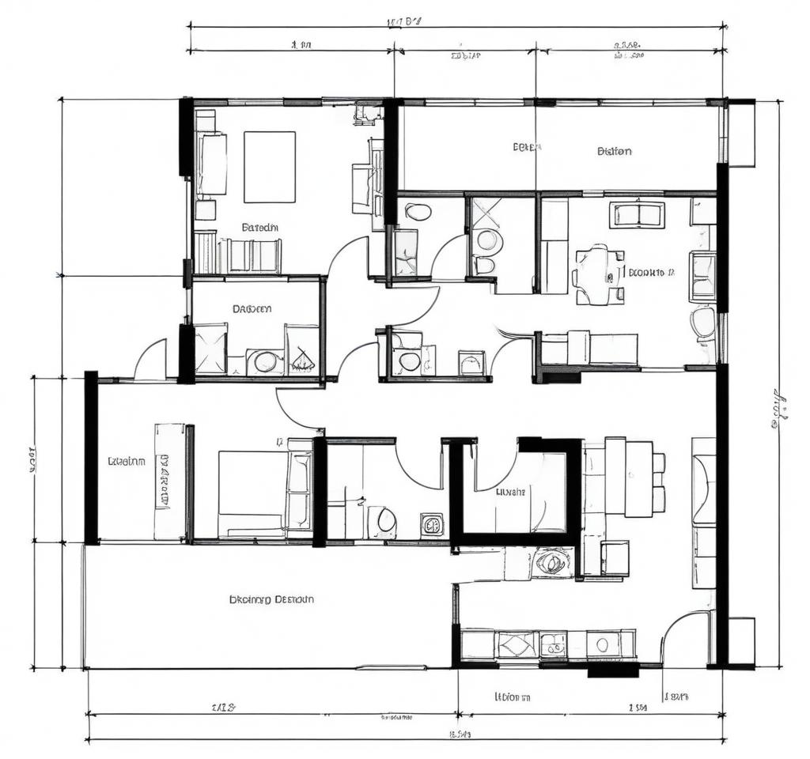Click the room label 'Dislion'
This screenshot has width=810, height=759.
pyautogui.click(x=615, y=151)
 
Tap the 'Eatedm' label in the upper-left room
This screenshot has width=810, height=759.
pyautogui.click(x=259, y=227)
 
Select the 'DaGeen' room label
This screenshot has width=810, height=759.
pyautogui.click(x=252, y=309)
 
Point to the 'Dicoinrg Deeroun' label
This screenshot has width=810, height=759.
pyautogui.click(x=271, y=599)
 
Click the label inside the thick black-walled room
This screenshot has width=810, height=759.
pyautogui.click(x=510, y=491)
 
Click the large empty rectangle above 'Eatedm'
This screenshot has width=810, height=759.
pyautogui.click(x=269, y=167)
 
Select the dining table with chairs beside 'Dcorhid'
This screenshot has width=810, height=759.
pyautogui.click(x=599, y=274)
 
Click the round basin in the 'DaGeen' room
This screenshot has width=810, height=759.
pyautogui.click(x=265, y=362)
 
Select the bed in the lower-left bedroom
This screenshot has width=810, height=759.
pyautogui.click(x=252, y=492)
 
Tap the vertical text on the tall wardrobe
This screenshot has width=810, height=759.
pyautogui.click(x=165, y=480)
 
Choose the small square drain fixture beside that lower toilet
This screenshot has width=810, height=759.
pyautogui.click(x=432, y=524)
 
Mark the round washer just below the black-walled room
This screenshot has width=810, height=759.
pyautogui.click(x=551, y=563)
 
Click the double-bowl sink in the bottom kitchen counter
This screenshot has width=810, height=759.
pyautogui.click(x=554, y=644)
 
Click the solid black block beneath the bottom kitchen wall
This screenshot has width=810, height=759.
pyautogui.click(x=614, y=670)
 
